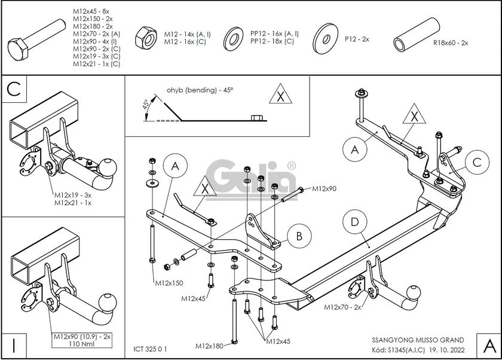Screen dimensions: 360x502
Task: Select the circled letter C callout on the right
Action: [476, 161]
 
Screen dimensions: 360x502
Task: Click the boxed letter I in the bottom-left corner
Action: [13, 345]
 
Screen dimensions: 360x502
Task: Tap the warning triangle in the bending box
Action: [280, 96]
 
